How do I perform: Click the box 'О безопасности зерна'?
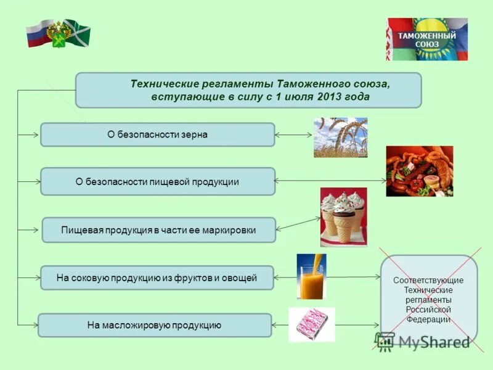157,134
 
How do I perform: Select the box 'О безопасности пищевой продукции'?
157,182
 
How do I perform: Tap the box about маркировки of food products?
158,230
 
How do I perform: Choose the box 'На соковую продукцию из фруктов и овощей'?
157,277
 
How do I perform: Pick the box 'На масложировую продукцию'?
155,325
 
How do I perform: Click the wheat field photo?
340,138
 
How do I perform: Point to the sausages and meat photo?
419,171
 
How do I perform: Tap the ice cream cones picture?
343,217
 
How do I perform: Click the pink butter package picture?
311,324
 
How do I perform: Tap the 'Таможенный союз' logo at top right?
426,39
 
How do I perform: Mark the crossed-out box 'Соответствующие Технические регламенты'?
429,300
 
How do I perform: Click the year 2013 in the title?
332,97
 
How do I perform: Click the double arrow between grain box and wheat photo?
294,134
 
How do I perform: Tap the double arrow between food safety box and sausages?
330,181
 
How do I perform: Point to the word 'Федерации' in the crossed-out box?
428,319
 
